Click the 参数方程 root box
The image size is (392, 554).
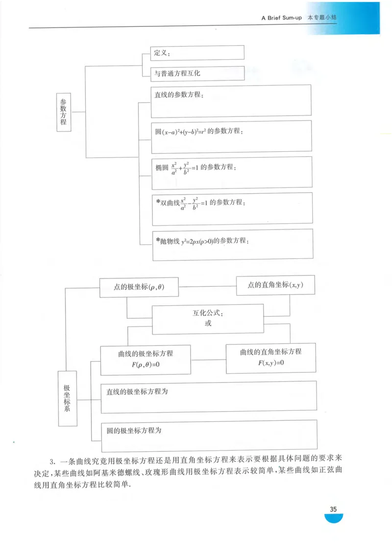click(x=63, y=112)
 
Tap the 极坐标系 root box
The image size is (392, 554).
click(x=67, y=398)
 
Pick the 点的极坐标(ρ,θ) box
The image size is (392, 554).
click(x=139, y=287)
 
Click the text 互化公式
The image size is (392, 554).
click(x=208, y=313)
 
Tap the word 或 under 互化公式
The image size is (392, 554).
click(x=208, y=323)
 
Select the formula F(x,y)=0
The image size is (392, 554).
click(x=271, y=363)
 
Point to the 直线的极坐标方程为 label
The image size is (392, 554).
click(x=138, y=392)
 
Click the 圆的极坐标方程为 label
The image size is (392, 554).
click(x=134, y=431)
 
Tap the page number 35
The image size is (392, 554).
click(x=333, y=509)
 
